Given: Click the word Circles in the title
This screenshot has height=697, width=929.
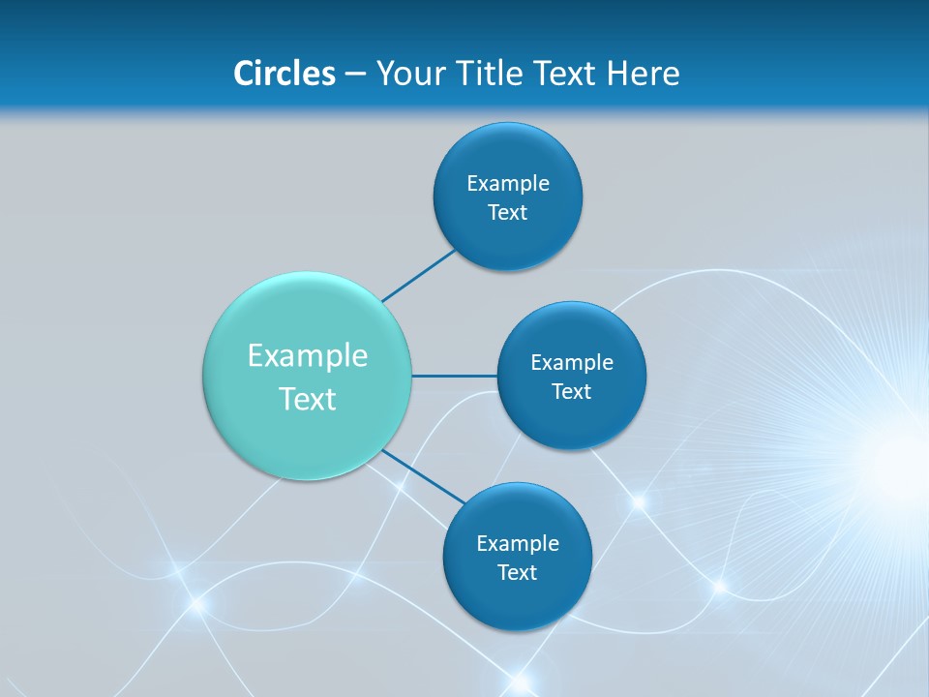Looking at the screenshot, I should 284,74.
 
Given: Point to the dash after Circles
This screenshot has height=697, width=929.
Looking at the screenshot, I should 355,75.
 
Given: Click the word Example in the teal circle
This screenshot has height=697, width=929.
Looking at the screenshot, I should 308,356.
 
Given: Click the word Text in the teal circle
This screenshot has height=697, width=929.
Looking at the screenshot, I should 308,399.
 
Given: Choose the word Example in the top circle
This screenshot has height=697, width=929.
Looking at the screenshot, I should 508,184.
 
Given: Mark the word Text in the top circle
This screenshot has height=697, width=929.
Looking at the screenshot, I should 508,213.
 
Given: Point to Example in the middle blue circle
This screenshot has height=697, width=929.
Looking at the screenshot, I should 572,363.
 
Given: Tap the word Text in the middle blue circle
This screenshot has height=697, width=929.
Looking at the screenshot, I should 572,392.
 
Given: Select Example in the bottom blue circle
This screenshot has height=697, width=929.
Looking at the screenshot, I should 518,544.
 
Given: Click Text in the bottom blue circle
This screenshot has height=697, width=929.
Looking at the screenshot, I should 518,573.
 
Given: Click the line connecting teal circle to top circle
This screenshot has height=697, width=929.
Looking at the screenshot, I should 418,275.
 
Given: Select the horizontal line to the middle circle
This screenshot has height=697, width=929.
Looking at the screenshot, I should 455,376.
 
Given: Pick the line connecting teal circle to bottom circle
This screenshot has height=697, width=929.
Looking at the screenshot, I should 424,476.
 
